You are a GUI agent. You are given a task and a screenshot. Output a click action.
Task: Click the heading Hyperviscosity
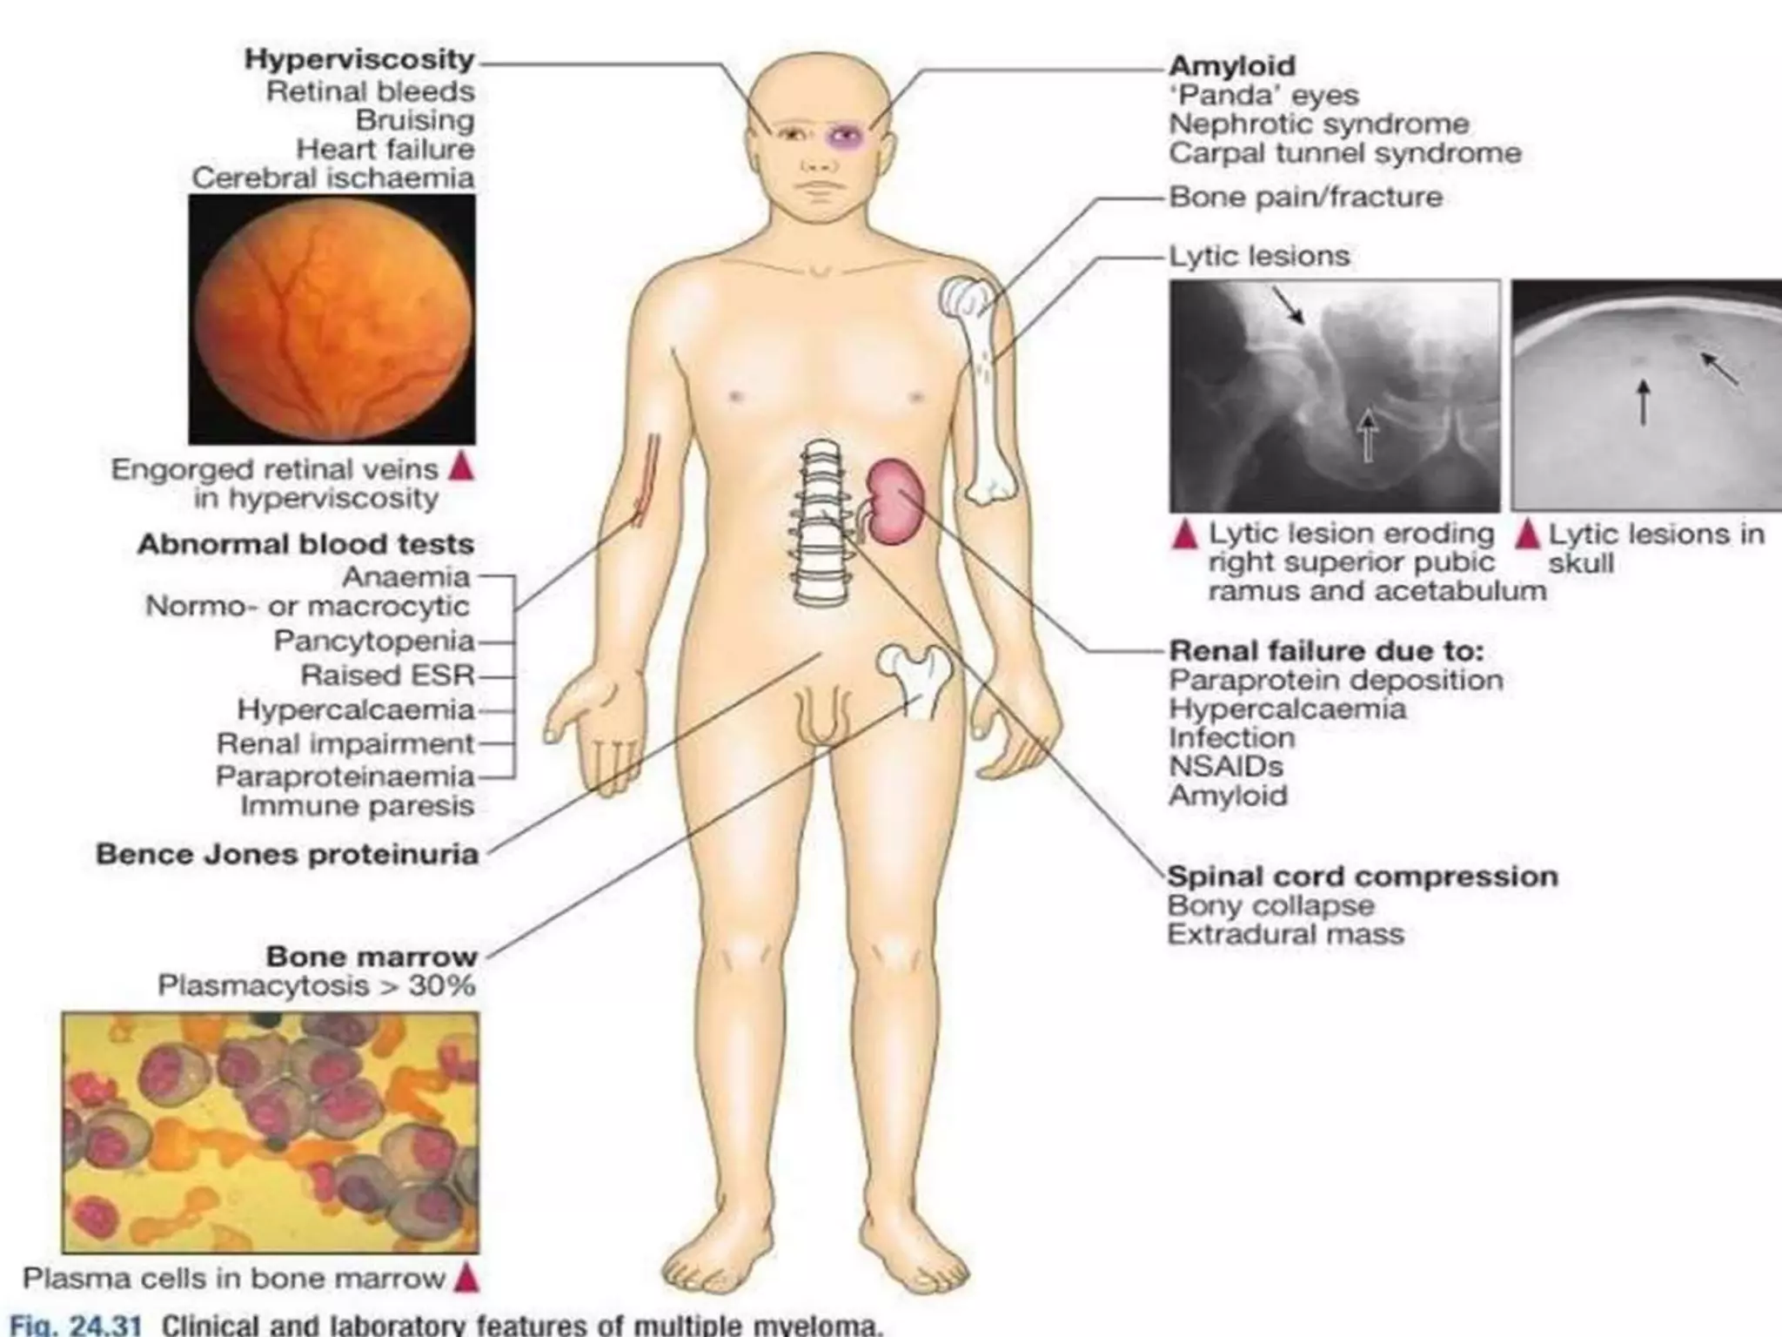click(358, 59)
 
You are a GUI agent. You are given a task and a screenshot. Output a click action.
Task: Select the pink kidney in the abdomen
click(895, 501)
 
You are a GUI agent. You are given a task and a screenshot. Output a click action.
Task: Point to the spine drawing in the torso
click(819, 522)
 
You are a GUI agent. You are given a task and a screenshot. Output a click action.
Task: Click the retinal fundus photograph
click(332, 319)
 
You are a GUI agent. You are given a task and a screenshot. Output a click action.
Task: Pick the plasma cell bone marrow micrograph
click(270, 1132)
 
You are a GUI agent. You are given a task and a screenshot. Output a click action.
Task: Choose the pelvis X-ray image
click(1333, 396)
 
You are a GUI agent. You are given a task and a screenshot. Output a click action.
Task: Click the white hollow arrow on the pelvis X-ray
click(1368, 435)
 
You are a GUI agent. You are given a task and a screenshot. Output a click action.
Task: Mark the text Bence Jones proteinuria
click(287, 854)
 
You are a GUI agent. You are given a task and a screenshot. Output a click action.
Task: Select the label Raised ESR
click(387, 675)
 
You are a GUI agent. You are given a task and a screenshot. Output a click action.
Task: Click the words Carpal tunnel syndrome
click(1344, 153)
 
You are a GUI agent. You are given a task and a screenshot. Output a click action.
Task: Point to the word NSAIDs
click(1226, 766)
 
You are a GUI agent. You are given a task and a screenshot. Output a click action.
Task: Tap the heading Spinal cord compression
click(1362, 876)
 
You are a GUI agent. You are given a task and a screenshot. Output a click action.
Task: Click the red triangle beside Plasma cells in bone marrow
click(467, 1278)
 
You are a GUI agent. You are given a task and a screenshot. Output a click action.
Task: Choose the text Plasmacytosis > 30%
click(317, 986)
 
